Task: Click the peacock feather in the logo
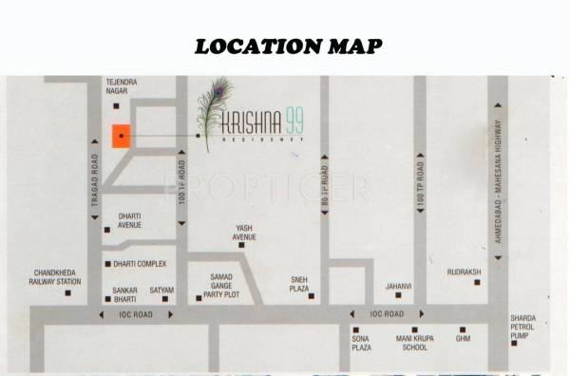tap(211, 114)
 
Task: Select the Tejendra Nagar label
tap(121, 87)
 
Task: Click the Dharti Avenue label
tap(129, 220)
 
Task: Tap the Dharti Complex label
tap(141, 263)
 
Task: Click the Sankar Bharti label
tap(125, 293)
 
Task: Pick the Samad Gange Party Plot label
tap(215, 283)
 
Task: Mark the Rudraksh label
tap(465, 272)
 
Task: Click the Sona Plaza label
tap(361, 343)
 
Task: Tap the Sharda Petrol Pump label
tap(522, 327)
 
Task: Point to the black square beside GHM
tap(463, 326)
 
